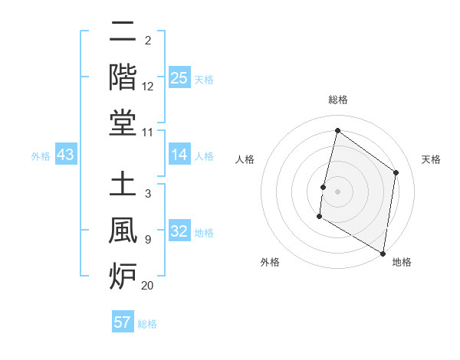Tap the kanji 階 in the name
pyautogui.click(x=123, y=77)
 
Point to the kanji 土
pyautogui.click(x=123, y=185)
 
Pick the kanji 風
pyautogui.click(x=123, y=231)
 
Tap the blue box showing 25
pyautogui.click(x=179, y=78)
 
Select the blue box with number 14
pyautogui.click(x=179, y=155)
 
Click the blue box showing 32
pyautogui.click(x=179, y=232)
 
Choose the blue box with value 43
pyautogui.click(x=66, y=155)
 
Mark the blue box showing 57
pyautogui.click(x=123, y=322)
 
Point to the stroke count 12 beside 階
pyautogui.click(x=148, y=87)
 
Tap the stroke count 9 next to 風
pyautogui.click(x=148, y=240)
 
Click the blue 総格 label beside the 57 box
pyautogui.click(x=147, y=324)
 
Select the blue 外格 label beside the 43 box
pyautogui.click(x=41, y=156)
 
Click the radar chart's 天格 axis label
pyautogui.click(x=431, y=159)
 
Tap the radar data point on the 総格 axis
pyautogui.click(x=337, y=130)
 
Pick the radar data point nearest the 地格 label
pyautogui.click(x=383, y=253)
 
